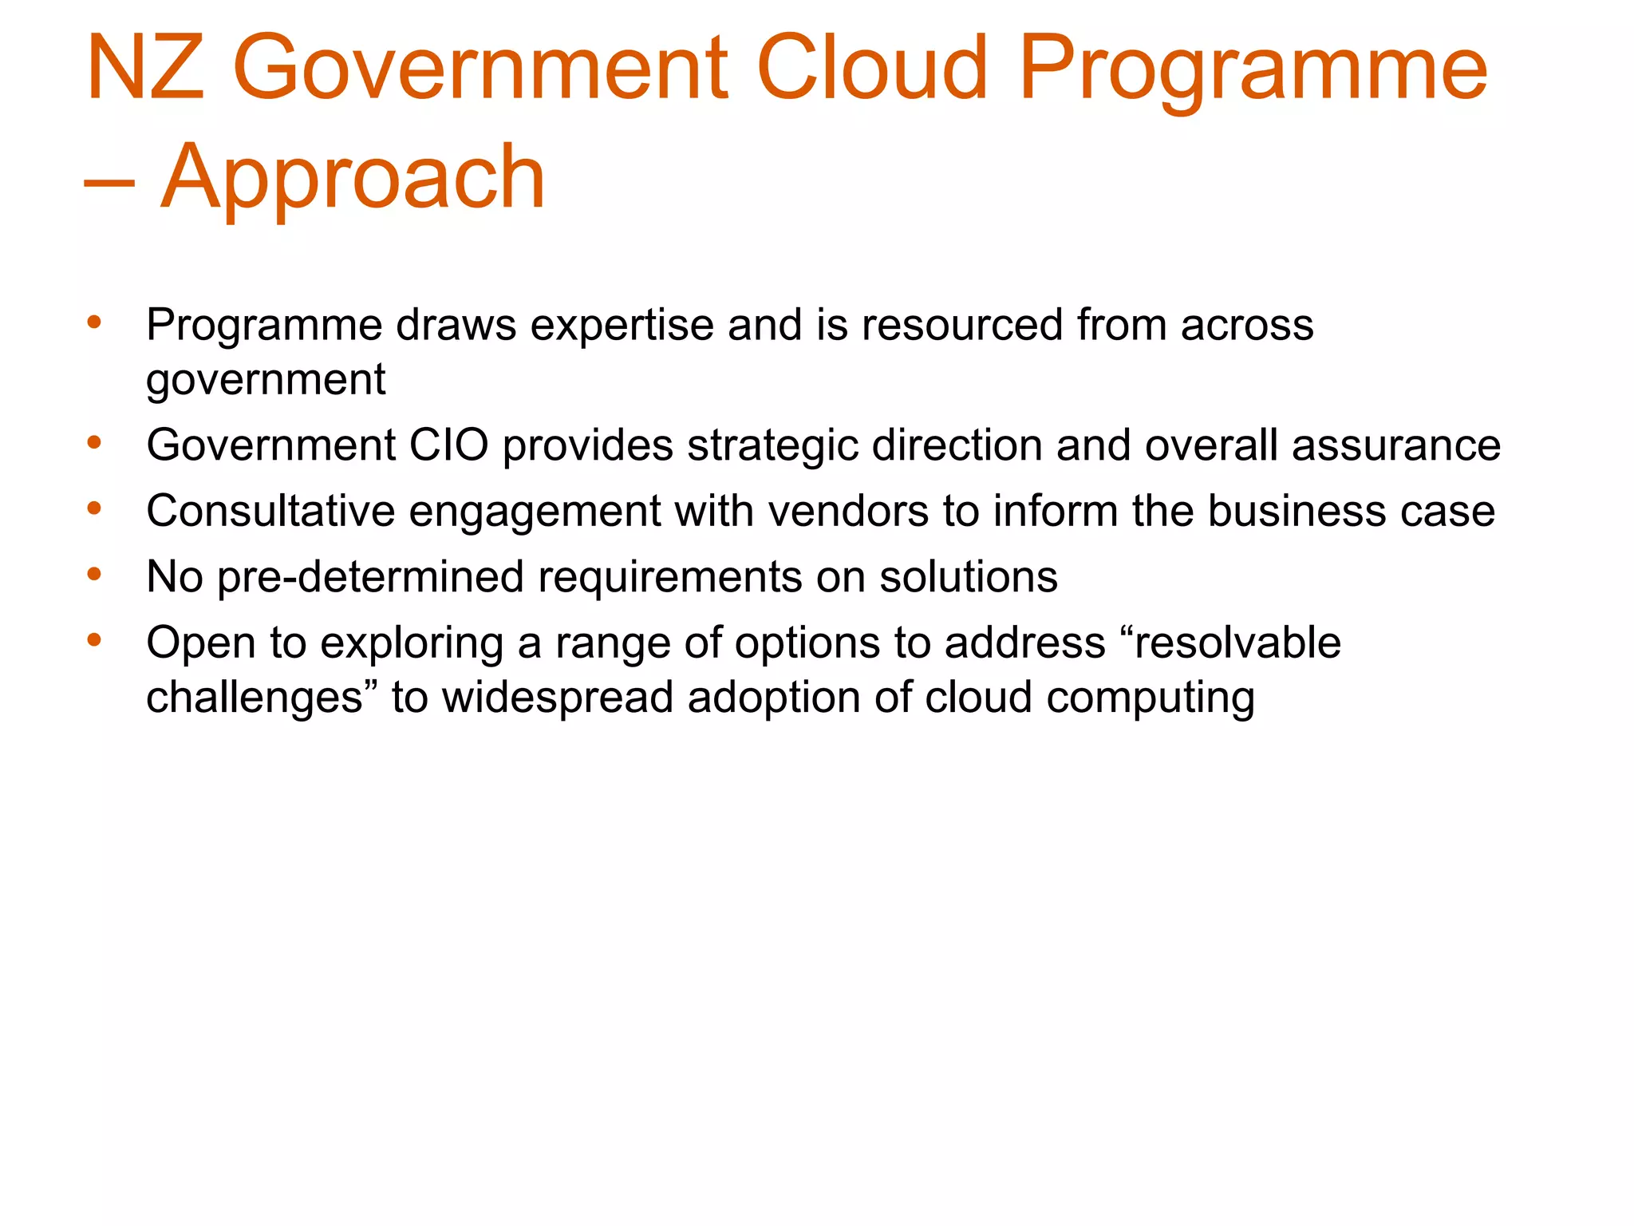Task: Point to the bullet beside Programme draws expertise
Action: pos(94,323)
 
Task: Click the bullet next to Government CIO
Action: pos(94,443)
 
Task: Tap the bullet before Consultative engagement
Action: pos(94,508)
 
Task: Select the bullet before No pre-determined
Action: pos(94,575)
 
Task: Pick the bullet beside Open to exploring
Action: pos(94,640)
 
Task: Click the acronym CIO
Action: pos(448,445)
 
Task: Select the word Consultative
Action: pos(270,512)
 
